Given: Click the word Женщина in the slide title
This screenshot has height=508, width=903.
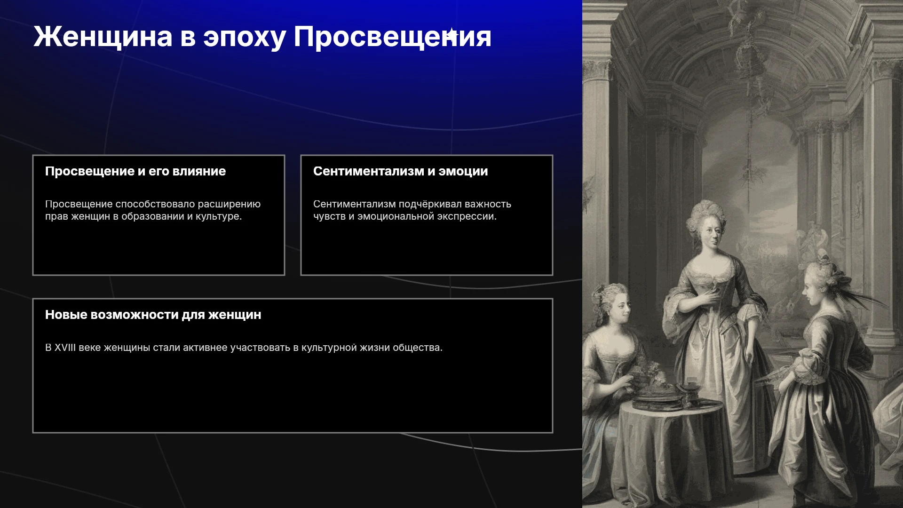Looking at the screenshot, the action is [103, 37].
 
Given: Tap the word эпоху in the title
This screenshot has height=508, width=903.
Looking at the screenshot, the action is [245, 38].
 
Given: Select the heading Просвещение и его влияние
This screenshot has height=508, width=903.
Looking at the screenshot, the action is [135, 171].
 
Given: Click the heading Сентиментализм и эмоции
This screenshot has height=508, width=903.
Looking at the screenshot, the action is [401, 171].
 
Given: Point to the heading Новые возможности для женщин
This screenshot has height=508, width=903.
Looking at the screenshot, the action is [153, 315].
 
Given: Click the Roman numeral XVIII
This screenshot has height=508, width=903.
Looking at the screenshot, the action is [65, 348].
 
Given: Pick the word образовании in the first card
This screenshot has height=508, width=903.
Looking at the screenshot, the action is [153, 216].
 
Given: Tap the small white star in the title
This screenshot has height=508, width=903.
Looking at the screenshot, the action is [451, 35].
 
